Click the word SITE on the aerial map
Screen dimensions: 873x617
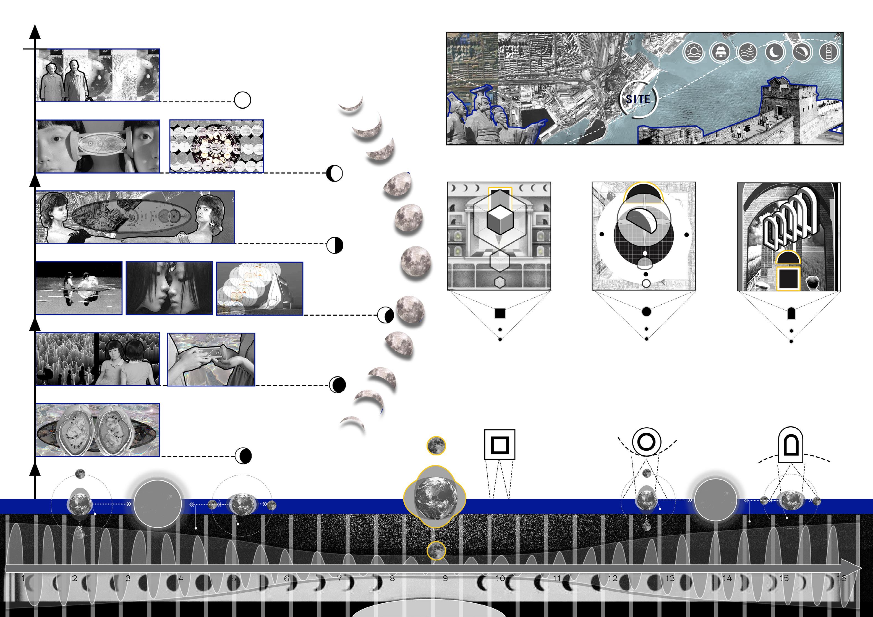(638, 99)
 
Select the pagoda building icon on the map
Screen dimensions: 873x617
(720, 52)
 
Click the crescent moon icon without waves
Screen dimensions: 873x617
(774, 52)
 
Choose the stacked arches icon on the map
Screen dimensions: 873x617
(828, 52)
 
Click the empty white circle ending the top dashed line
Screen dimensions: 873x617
(242, 100)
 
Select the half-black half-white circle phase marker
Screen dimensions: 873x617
(334, 245)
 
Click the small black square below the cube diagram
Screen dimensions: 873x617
(500, 313)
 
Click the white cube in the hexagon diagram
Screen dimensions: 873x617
(500, 220)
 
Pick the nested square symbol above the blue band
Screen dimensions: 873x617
(500, 445)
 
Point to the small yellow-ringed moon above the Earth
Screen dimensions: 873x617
(436, 446)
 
